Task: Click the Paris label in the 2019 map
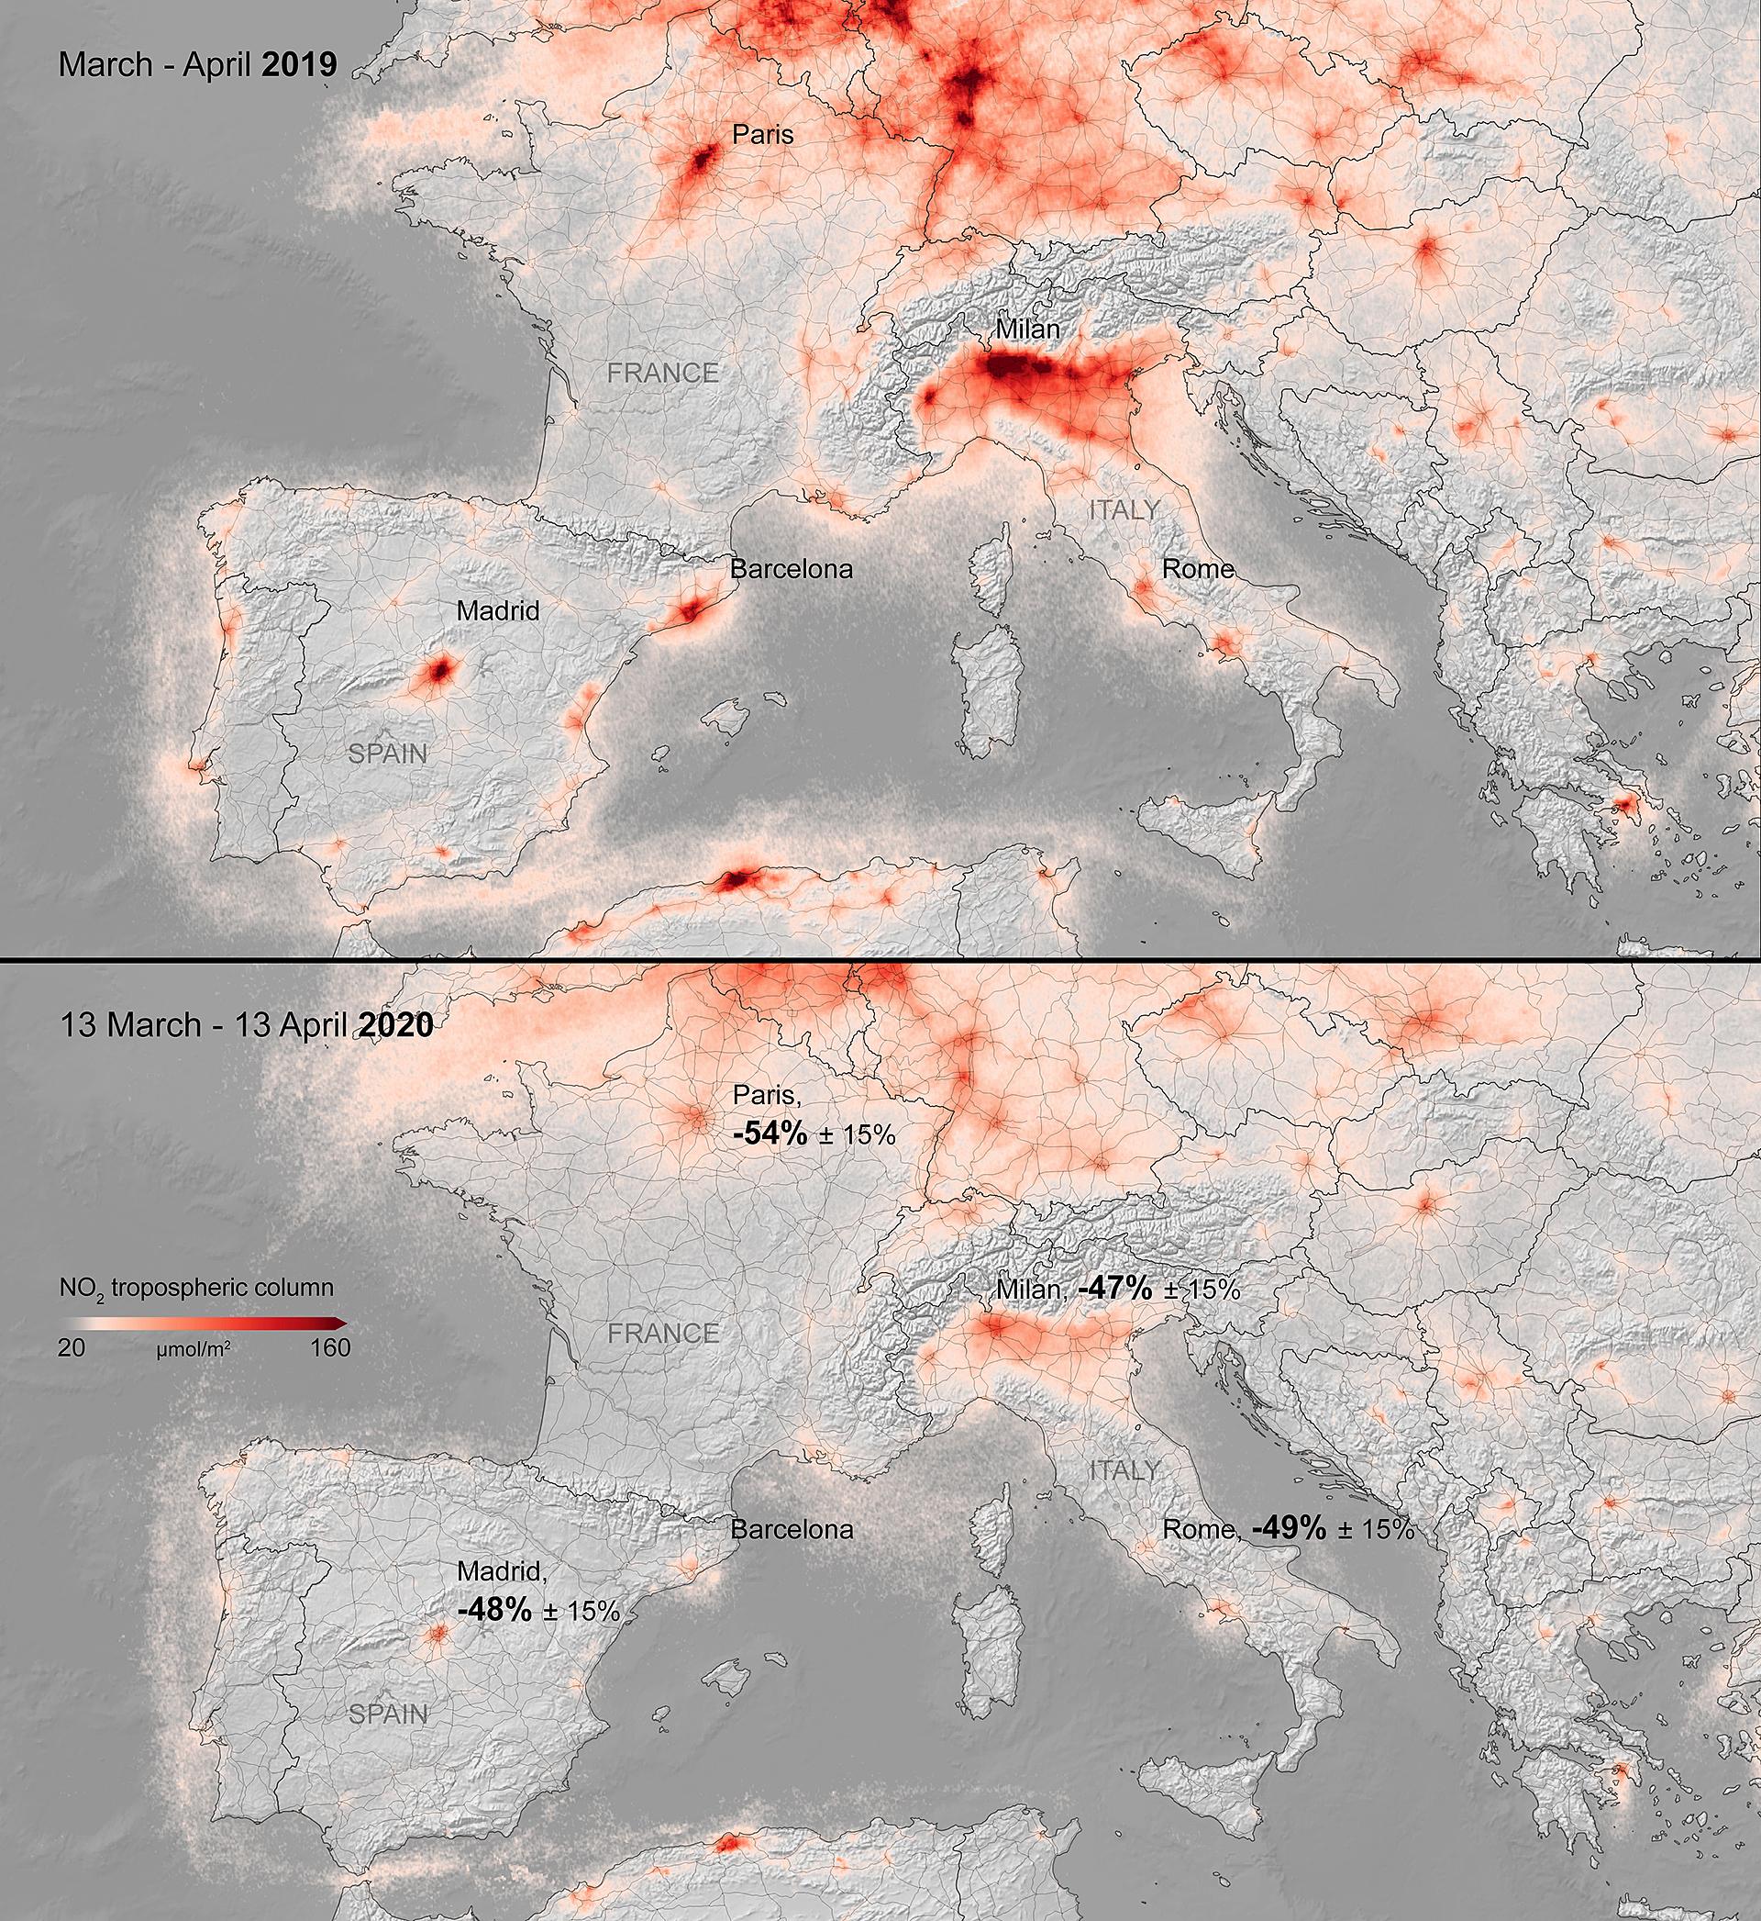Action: pyautogui.click(x=762, y=135)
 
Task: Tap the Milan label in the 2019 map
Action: pyautogui.click(x=1027, y=329)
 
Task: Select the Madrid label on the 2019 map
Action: pyautogui.click(x=497, y=611)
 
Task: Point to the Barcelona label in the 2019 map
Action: pyautogui.click(x=791, y=570)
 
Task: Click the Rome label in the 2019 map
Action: pyautogui.click(x=1197, y=569)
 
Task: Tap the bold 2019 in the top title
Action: pyautogui.click(x=299, y=65)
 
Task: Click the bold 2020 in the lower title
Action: pyautogui.click(x=395, y=1025)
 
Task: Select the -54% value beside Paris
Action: pyautogui.click(x=770, y=1134)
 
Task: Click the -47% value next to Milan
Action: pyautogui.click(x=1115, y=1289)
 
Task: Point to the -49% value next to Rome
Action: pyautogui.click(x=1290, y=1529)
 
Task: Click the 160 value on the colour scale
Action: pyautogui.click(x=329, y=1348)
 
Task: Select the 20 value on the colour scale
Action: pyautogui.click(x=72, y=1348)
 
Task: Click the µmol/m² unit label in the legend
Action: pyautogui.click(x=193, y=1351)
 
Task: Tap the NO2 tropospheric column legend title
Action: pyautogui.click(x=196, y=1289)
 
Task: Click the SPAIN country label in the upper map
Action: pyautogui.click(x=388, y=754)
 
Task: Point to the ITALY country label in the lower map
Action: pyautogui.click(x=1124, y=1470)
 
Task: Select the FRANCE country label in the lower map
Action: pyautogui.click(x=663, y=1333)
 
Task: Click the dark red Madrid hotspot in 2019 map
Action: pyautogui.click(x=438, y=670)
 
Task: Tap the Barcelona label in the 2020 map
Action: pyautogui.click(x=791, y=1529)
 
